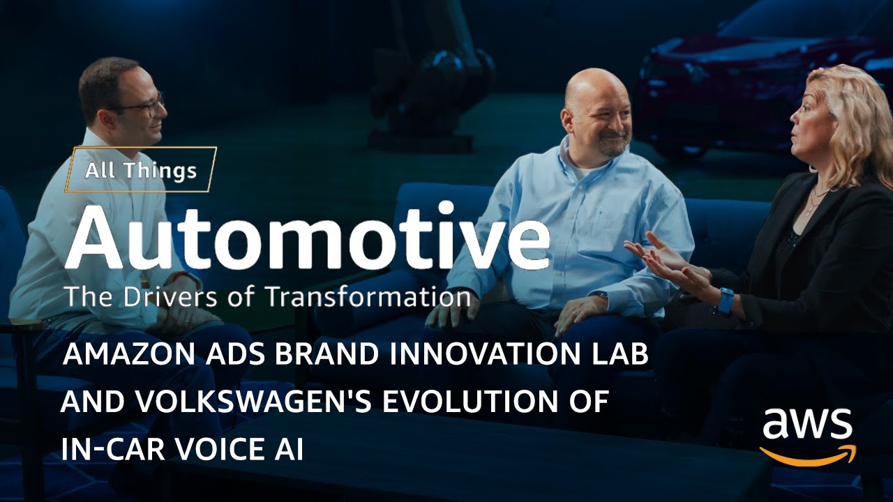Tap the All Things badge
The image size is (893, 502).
point(141,169)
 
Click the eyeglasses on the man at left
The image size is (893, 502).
point(143,105)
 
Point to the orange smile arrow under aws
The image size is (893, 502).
point(807,457)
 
